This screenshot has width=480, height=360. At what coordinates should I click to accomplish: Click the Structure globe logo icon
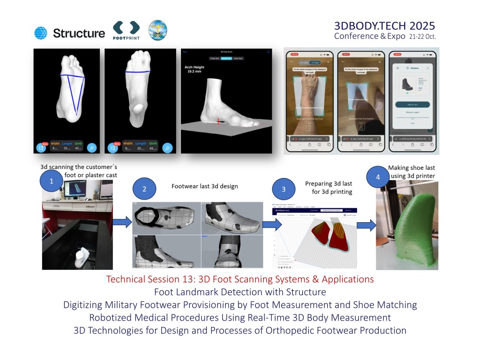41,33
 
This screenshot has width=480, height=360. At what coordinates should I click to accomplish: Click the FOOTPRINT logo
126,30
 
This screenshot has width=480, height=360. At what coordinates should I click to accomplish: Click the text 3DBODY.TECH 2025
384,25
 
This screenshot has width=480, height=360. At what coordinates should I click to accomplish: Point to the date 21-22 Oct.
422,36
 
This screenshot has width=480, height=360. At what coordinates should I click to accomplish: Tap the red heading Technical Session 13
240,279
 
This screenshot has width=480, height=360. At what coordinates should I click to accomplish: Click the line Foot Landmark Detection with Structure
240,292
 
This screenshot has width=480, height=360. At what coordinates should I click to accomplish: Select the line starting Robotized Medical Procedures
240,317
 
